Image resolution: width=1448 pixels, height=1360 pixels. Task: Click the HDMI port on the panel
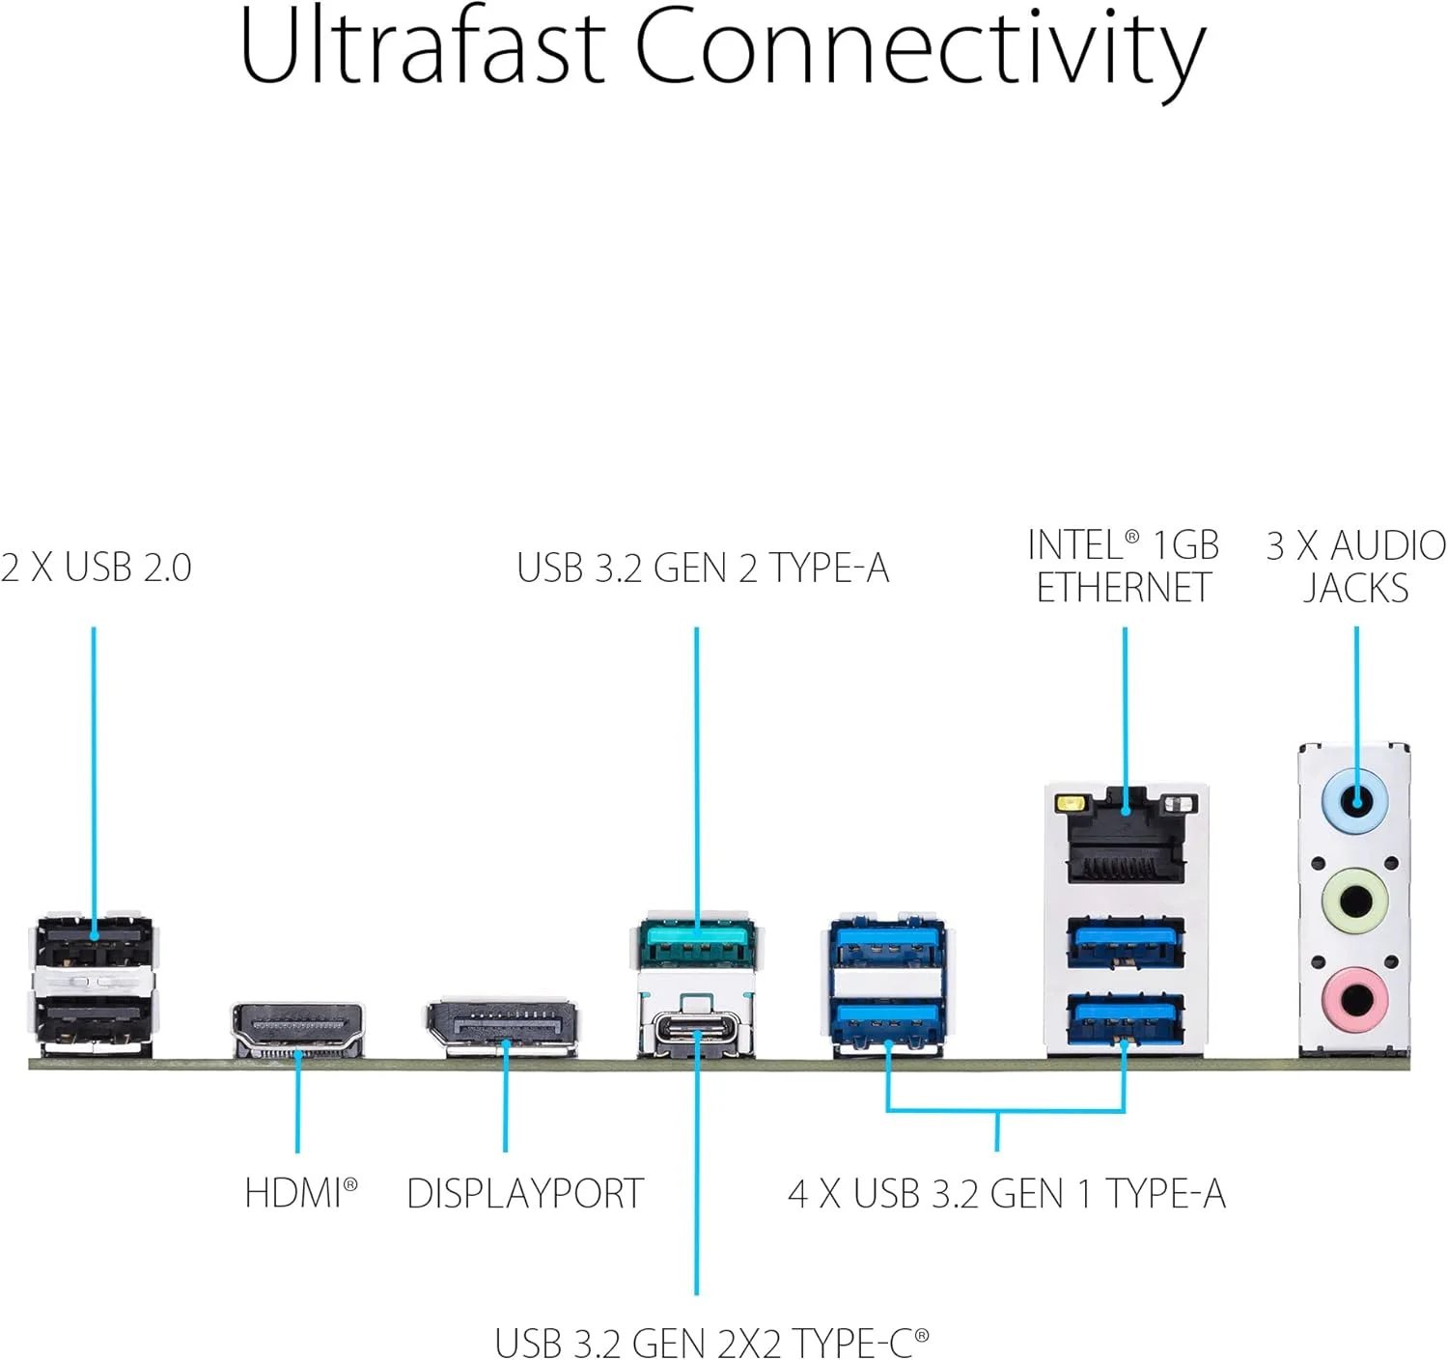(x=297, y=1029)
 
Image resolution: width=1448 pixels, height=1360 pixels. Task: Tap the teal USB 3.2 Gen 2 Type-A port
(x=697, y=945)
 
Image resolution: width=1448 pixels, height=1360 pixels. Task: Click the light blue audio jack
(x=1355, y=801)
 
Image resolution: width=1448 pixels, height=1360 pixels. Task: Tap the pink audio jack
(x=1355, y=998)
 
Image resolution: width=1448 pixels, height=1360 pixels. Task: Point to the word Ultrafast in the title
(x=422, y=46)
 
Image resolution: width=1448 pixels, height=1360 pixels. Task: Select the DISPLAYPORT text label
(x=525, y=1194)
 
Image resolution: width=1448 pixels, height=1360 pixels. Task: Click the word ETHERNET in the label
(x=1124, y=588)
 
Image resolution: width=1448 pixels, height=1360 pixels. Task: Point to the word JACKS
(x=1355, y=588)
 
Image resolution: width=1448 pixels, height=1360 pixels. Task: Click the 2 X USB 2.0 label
(x=96, y=568)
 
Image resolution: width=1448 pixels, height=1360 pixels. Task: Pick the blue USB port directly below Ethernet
(x=1126, y=941)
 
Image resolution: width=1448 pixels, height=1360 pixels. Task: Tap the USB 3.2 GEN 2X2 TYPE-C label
(x=711, y=1342)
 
